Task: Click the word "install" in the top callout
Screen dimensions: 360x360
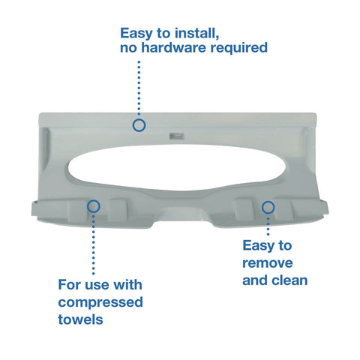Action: [196, 33]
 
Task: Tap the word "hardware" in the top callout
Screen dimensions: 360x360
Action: [174, 47]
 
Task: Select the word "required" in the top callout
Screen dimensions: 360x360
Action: [239, 48]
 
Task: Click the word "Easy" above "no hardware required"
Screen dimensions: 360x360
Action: [136, 34]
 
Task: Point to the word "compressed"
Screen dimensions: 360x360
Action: [100, 302]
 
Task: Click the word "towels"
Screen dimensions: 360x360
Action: [80, 319]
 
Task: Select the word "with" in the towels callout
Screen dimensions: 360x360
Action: [127, 285]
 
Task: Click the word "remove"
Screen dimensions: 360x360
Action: [268, 263]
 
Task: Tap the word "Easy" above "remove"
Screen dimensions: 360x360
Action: [257, 246]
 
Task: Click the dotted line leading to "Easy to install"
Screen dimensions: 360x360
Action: [139, 88]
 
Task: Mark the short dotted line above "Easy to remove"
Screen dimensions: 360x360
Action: [268, 226]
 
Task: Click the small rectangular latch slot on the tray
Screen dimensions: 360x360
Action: [177, 136]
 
